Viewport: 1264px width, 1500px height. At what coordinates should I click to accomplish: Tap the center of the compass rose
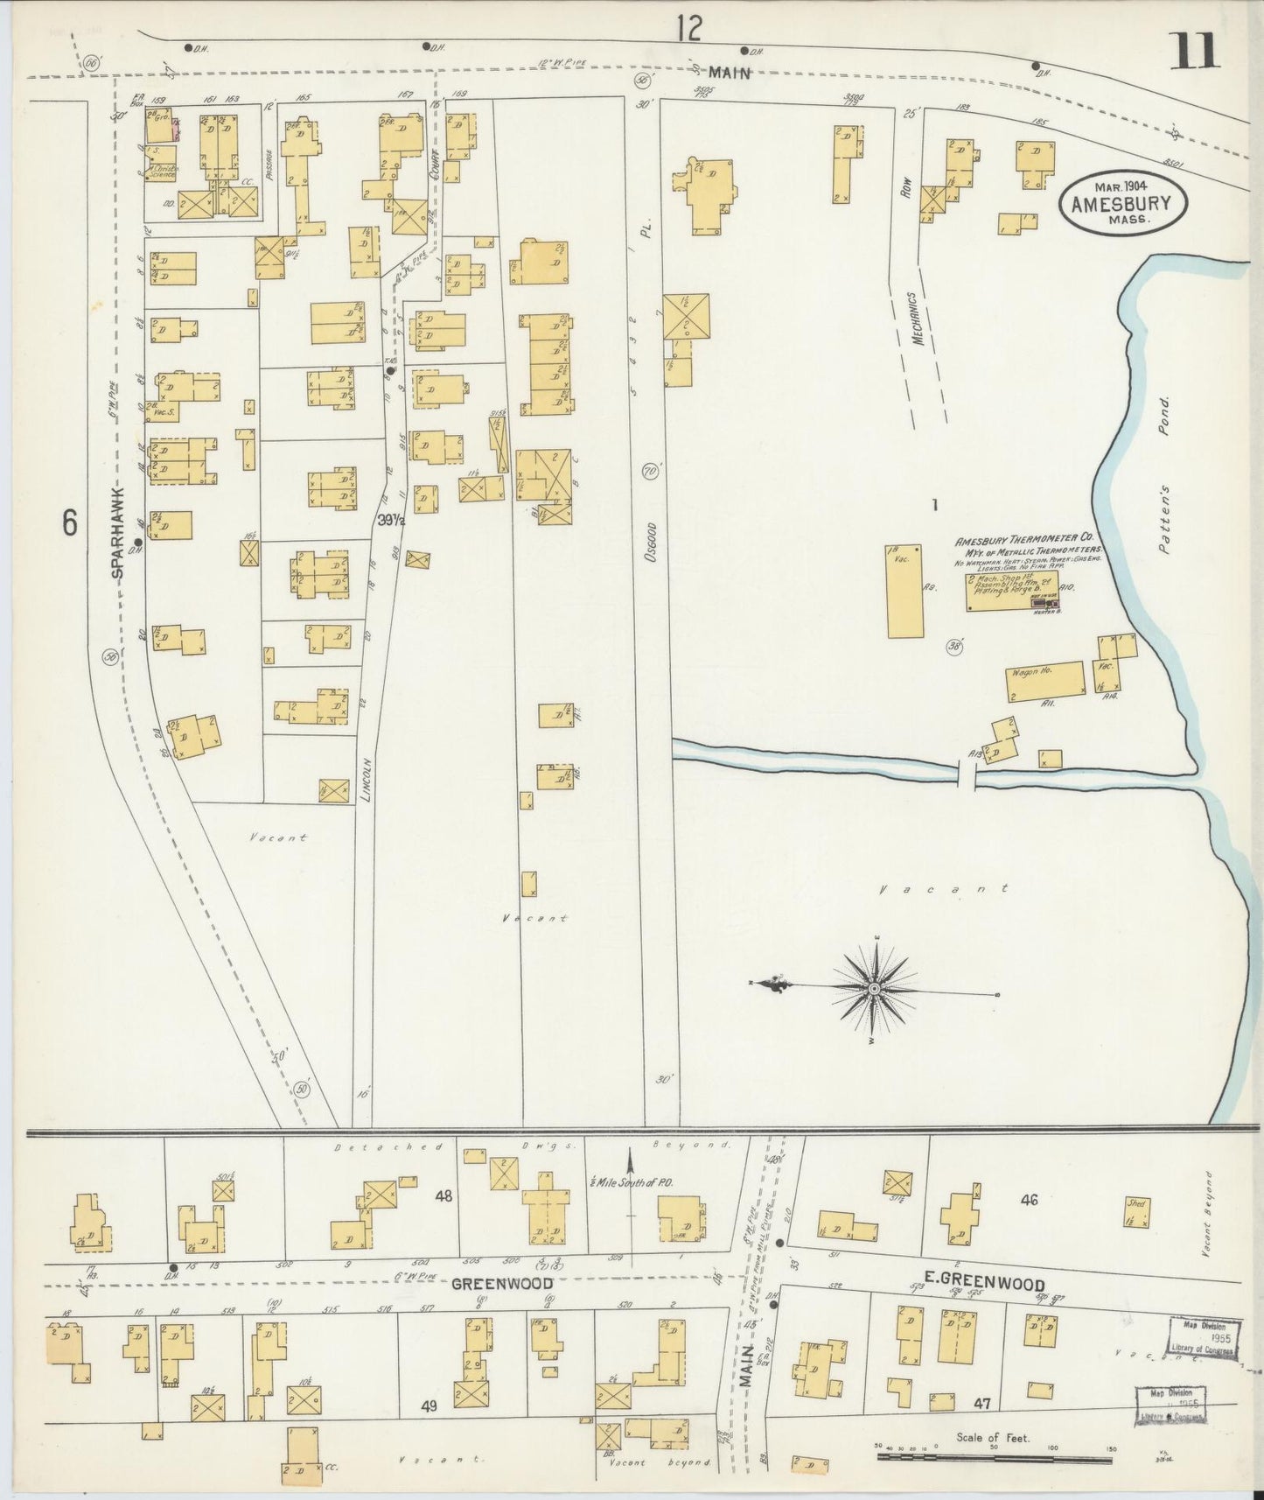tap(874, 988)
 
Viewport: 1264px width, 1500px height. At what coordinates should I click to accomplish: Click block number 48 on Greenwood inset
tap(443, 1195)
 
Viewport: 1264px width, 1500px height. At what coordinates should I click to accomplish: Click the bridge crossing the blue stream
tap(967, 775)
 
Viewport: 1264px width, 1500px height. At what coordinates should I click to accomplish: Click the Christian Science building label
tap(164, 170)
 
